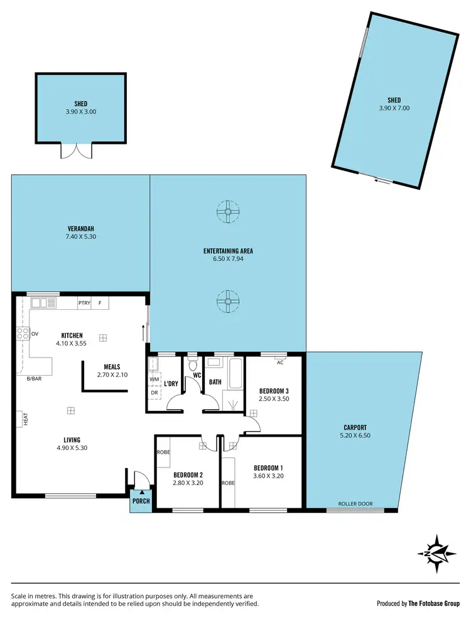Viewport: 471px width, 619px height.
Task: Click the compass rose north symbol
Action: point(436,552)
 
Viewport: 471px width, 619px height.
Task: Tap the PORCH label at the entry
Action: point(141,501)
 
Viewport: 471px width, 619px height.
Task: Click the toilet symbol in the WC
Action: point(193,365)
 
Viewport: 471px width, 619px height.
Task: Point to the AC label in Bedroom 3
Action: point(279,363)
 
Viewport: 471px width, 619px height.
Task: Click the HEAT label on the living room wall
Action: point(26,419)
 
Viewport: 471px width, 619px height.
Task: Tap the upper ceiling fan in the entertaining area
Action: point(227,212)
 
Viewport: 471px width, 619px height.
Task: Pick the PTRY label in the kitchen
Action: point(84,303)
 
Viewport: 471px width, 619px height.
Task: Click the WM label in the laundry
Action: point(154,380)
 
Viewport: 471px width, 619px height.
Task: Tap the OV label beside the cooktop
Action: point(35,334)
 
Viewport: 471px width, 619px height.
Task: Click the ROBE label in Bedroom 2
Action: point(163,451)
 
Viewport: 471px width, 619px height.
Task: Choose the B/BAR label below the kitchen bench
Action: point(34,378)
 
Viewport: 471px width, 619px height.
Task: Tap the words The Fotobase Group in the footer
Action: point(435,603)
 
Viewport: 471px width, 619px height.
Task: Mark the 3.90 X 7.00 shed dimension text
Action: point(394,108)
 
